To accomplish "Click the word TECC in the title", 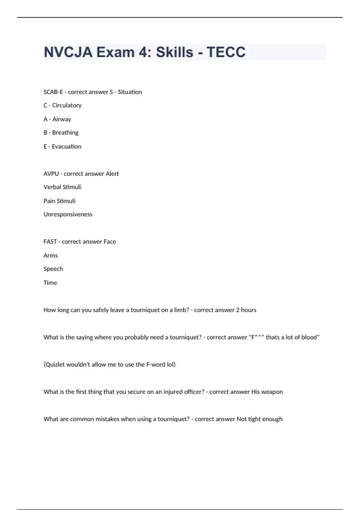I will pos(226,52).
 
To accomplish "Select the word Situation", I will pos(130,92).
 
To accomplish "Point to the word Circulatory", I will pos(67,105).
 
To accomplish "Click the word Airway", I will pos(62,119).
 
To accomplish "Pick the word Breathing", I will pos(65,133).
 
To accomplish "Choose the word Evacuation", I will pos(66,147).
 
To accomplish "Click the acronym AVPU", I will pos(51,174).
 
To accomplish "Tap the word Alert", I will pos(112,174).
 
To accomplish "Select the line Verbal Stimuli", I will pos(62,187).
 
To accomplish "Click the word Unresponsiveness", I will pos(68,214).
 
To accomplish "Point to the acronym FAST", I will pos(50,242).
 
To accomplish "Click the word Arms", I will pos(50,256).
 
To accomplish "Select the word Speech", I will pos(53,269).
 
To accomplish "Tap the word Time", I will pos(50,283).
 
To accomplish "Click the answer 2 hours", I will pos(246,310).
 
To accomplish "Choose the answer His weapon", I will pos(267,392).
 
